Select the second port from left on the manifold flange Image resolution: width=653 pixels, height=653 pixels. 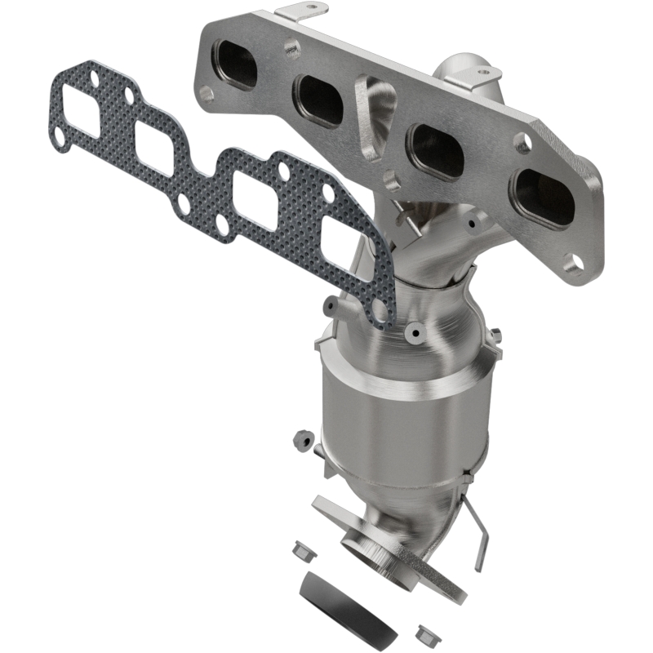point(320,100)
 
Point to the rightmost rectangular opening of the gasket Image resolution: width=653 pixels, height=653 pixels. point(343,242)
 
